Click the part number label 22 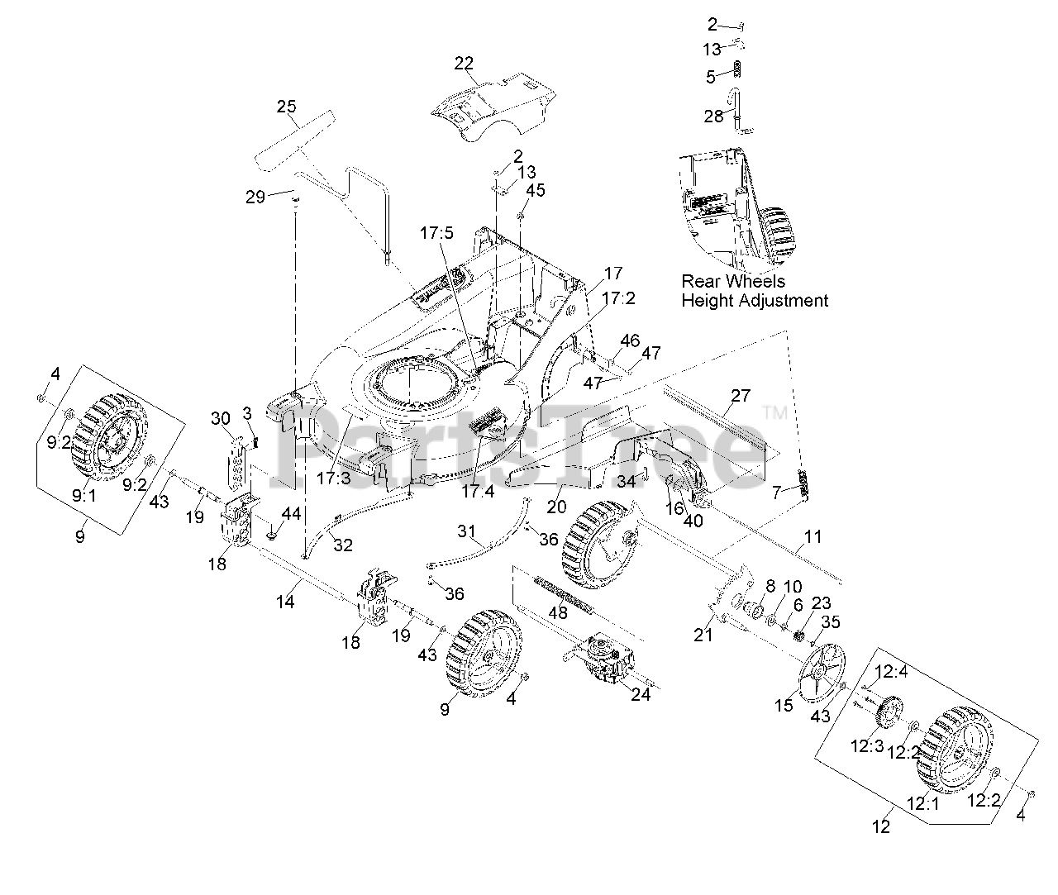point(464,64)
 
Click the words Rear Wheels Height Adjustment point(754,291)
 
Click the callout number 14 point(284,602)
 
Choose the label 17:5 point(436,234)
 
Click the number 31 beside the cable point(467,531)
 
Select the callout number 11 point(813,537)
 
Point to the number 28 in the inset point(713,116)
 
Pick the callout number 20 point(556,507)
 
